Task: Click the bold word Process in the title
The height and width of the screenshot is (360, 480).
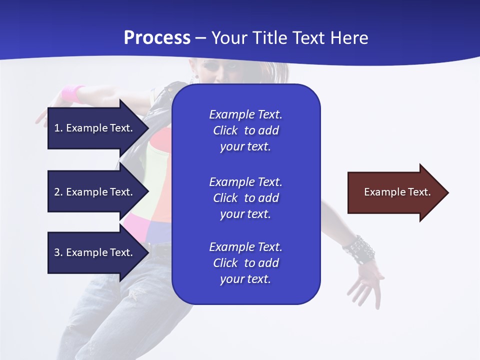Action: pos(157,38)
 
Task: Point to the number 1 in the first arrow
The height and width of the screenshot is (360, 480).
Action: pos(57,128)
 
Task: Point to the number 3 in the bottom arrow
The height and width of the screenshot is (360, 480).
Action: pos(57,252)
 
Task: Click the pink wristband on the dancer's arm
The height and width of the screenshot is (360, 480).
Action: pos(73,93)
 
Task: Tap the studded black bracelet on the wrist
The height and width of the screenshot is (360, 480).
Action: pos(359,248)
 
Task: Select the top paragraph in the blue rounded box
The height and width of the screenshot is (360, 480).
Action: pos(245,130)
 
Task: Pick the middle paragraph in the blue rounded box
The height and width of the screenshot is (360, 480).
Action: pos(245,198)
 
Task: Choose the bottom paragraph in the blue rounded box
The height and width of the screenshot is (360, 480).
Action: pos(245,263)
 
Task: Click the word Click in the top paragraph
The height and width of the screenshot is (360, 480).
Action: pos(225,130)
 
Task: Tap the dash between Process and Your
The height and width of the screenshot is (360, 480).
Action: pos(200,38)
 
